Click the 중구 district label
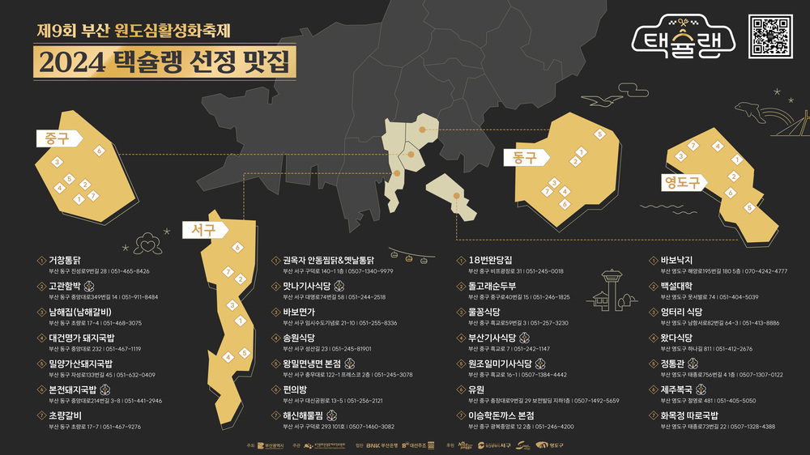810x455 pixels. click(x=57, y=139)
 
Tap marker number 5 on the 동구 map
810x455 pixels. click(x=599, y=134)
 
